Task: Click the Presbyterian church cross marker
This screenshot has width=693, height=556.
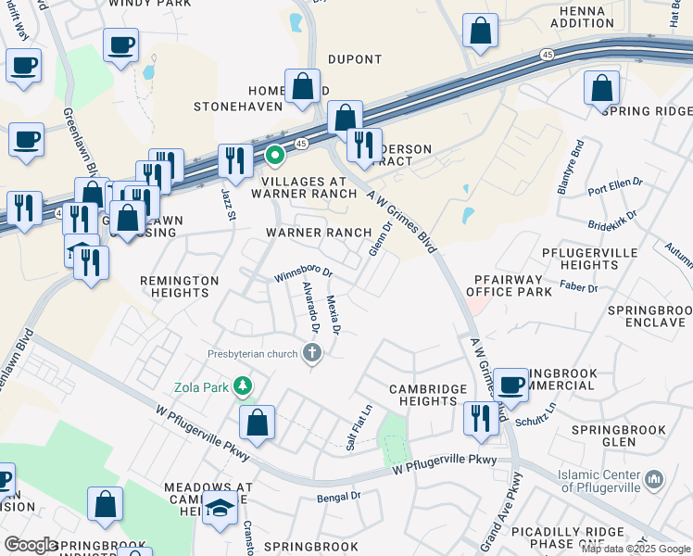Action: pyautogui.click(x=312, y=352)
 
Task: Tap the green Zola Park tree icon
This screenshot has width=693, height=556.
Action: pyautogui.click(x=243, y=385)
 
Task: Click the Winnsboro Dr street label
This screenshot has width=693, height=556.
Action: pyautogui.click(x=303, y=275)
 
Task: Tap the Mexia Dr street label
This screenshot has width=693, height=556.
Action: pyautogui.click(x=334, y=314)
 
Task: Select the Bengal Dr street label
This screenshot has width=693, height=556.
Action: pyautogui.click(x=338, y=497)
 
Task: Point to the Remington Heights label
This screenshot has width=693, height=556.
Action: pyautogui.click(x=180, y=286)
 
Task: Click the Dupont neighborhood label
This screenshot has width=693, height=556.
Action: pyautogui.click(x=355, y=59)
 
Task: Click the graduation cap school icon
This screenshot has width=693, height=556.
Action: pyautogui.click(x=220, y=509)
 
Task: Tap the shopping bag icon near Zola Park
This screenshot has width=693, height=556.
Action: pyautogui.click(x=258, y=423)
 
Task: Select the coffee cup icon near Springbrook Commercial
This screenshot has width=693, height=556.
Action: pyautogui.click(x=510, y=385)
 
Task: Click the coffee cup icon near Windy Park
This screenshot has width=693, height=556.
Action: pyautogui.click(x=121, y=44)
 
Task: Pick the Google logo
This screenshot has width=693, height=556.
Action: pyautogui.click(x=31, y=545)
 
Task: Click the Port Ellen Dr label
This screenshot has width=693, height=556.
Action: pyautogui.click(x=614, y=183)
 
